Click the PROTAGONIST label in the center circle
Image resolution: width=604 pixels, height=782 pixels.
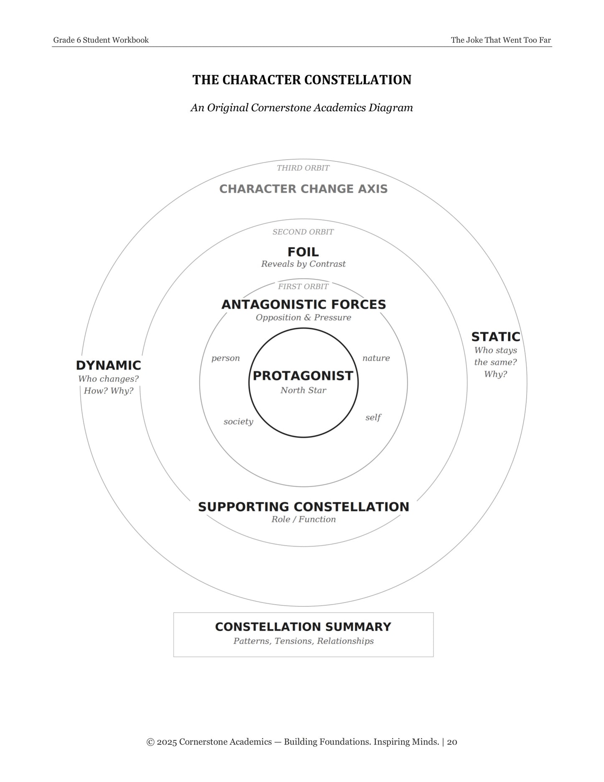(303, 376)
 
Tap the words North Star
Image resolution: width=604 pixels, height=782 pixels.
(303, 390)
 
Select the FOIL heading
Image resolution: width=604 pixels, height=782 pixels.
(303, 252)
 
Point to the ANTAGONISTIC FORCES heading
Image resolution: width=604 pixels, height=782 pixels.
(303, 304)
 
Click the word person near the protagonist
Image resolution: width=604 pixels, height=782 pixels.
(226, 358)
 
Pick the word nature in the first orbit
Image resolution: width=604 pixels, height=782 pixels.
(376, 358)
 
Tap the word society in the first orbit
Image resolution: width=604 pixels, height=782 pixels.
(238, 422)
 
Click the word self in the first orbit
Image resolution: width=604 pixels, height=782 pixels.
(373, 417)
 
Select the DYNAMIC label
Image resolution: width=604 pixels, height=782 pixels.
(108, 365)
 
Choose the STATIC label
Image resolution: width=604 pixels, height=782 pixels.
(496, 337)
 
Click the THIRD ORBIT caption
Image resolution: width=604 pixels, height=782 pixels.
(303, 168)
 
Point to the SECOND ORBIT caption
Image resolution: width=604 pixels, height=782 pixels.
(303, 232)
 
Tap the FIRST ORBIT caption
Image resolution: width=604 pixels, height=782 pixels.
(303, 286)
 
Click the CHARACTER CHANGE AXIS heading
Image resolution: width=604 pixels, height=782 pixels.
(303, 189)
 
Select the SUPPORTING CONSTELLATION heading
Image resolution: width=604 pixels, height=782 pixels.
(303, 507)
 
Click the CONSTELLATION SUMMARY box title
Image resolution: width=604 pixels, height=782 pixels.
(303, 627)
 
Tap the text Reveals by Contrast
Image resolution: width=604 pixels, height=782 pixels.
(303, 264)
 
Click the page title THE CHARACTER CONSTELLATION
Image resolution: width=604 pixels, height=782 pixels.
(302, 80)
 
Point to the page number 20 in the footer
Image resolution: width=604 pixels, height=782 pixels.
(452, 742)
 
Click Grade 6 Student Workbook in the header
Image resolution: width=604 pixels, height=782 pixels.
(101, 40)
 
